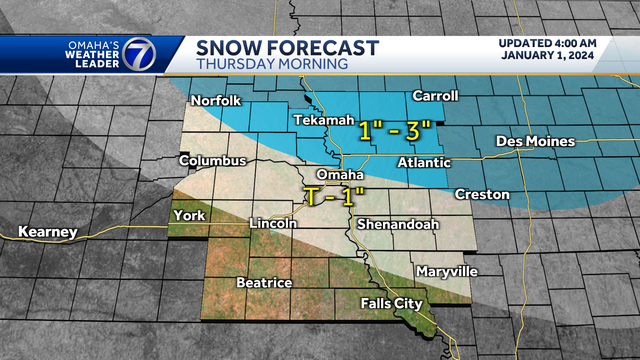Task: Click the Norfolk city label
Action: click(x=217, y=100)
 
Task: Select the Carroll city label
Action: click(x=434, y=96)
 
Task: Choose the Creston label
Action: click(x=482, y=193)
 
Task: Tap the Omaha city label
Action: click(x=337, y=175)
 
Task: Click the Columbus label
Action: click(x=212, y=160)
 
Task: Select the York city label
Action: click(x=189, y=215)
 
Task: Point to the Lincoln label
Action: click(x=272, y=223)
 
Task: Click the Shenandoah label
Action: click(x=398, y=224)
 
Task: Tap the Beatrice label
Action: click(x=264, y=283)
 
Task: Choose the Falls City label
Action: click(x=392, y=303)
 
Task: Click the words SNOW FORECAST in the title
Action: click(x=287, y=48)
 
